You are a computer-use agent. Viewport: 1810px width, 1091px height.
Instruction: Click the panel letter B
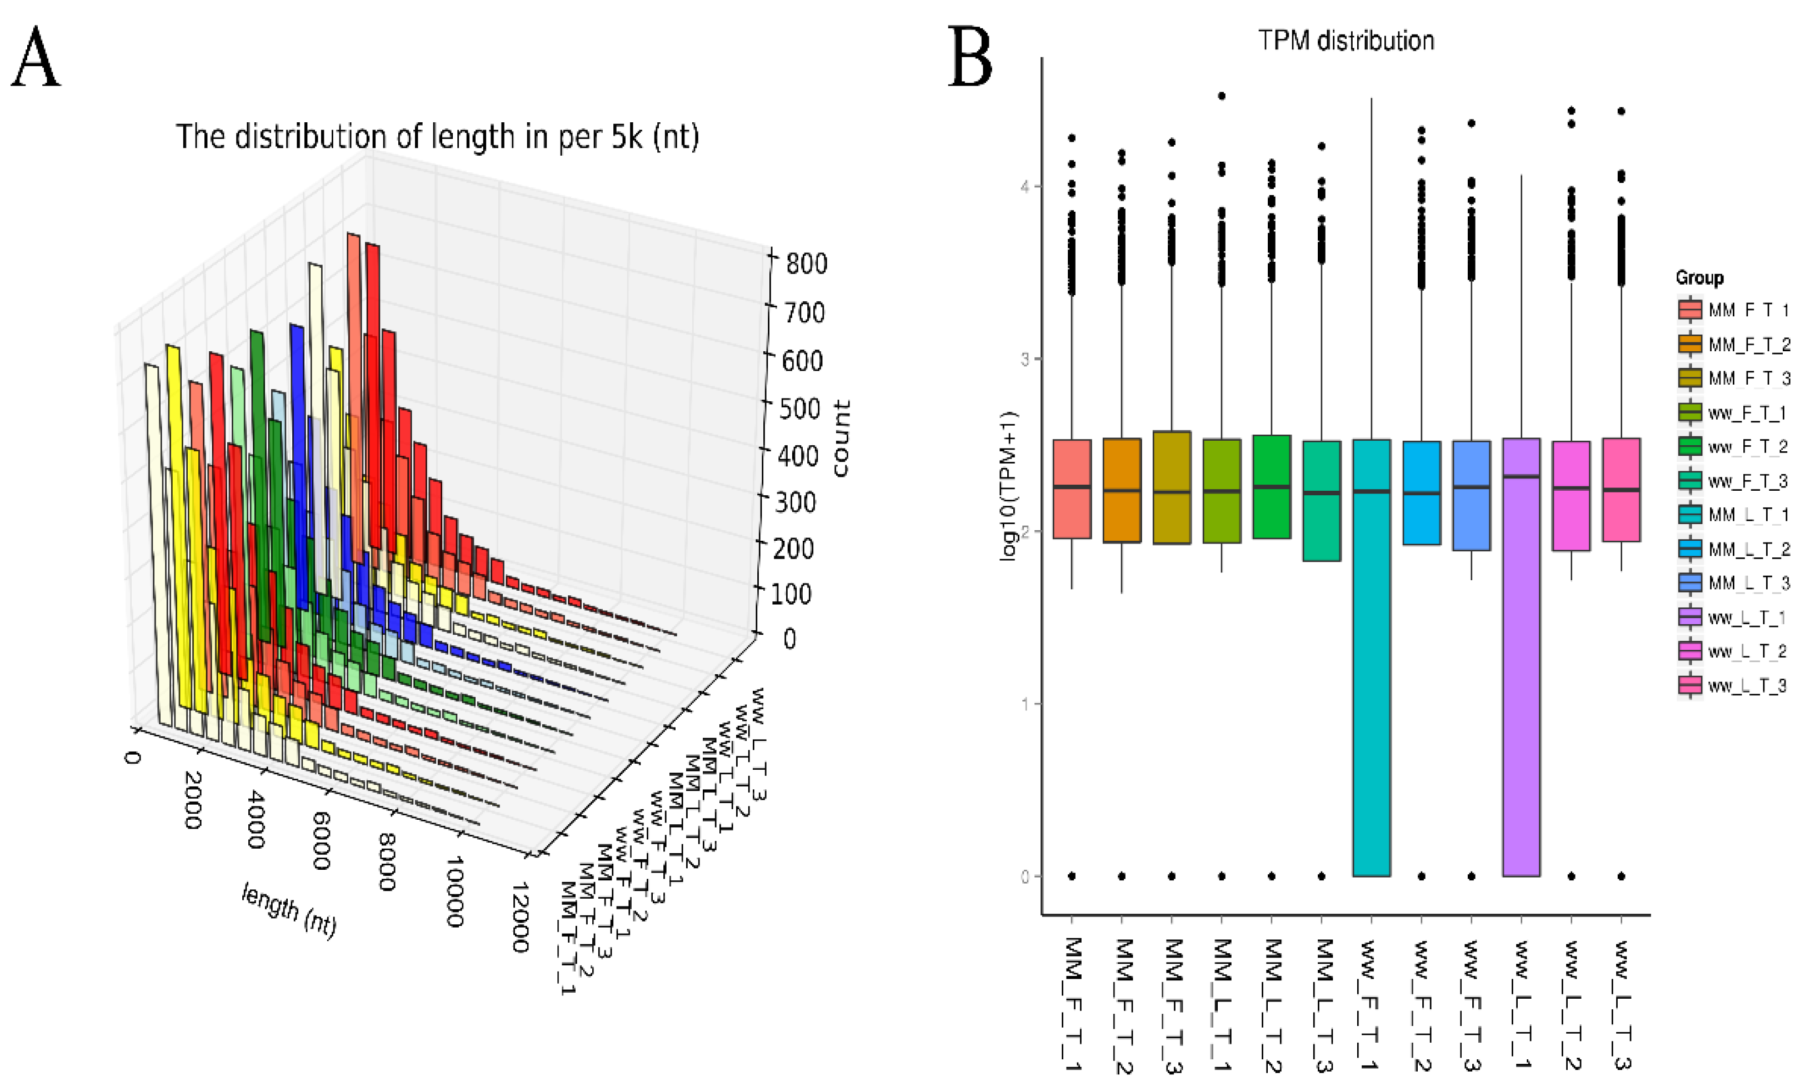969,57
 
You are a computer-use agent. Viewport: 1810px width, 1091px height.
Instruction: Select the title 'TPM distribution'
1346,41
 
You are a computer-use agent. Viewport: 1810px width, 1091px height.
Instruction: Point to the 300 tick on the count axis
796,502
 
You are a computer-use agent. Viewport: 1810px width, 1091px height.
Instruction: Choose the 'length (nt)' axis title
289,911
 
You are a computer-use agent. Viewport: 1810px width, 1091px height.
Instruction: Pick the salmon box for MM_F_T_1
1072,489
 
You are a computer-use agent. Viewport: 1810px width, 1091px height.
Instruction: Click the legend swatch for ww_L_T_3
1689,685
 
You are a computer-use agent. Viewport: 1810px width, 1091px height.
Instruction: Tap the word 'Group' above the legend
1699,278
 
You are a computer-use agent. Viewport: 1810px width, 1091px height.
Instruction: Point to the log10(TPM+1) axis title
1009,486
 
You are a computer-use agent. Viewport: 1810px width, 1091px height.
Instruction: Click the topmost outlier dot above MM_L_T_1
1222,96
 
